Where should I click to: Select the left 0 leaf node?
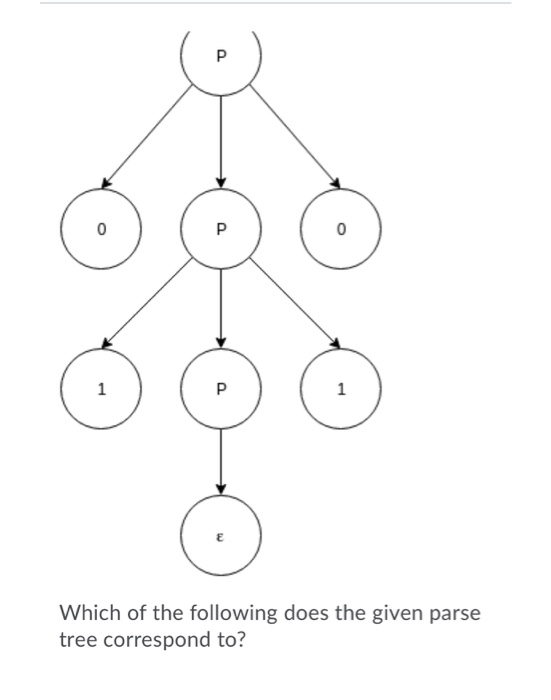click(101, 230)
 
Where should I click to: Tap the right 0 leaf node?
click(341, 230)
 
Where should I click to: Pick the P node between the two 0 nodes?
click(221, 230)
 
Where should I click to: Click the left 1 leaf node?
click(101, 390)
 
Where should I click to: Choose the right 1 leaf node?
click(341, 390)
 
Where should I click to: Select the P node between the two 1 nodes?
click(221, 390)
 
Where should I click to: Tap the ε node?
click(221, 535)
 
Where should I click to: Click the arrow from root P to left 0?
click(150, 135)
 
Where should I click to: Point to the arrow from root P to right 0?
click(292, 135)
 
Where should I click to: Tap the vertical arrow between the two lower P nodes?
click(221, 310)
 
